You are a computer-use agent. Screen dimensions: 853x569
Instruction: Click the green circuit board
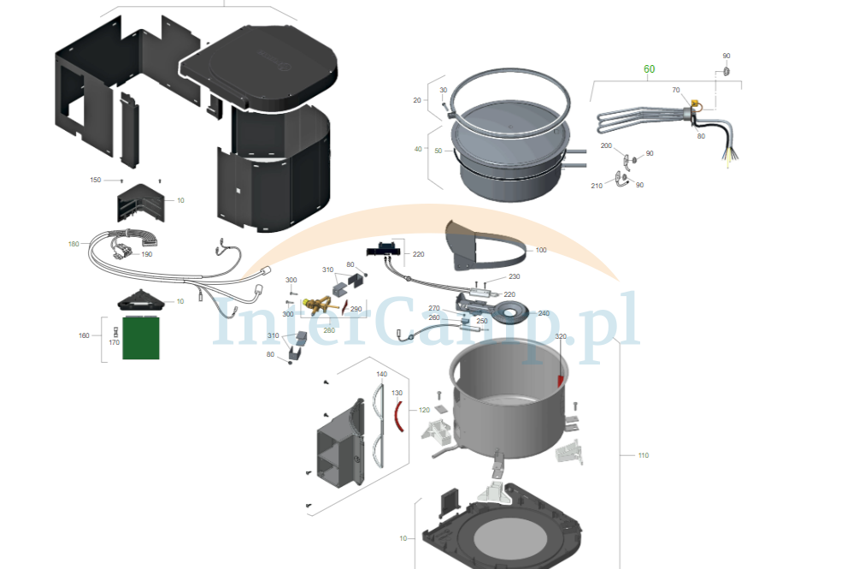tap(141, 338)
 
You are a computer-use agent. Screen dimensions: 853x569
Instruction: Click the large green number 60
tap(649, 69)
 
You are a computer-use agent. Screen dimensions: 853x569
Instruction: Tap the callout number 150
tap(95, 180)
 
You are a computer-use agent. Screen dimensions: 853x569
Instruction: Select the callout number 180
tap(74, 244)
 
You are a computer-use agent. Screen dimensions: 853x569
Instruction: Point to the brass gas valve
tap(318, 305)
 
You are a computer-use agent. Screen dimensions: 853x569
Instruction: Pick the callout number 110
tap(643, 455)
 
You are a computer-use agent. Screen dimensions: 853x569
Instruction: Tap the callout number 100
tap(541, 250)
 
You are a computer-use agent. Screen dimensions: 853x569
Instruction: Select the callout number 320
tap(561, 336)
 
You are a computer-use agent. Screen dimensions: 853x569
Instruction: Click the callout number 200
tap(606, 145)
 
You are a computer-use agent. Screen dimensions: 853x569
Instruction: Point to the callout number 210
tap(597, 186)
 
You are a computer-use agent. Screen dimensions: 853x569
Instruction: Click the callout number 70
tap(676, 90)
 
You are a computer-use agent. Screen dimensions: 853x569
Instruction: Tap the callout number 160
tap(84, 335)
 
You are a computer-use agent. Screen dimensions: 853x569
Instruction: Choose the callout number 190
tap(147, 254)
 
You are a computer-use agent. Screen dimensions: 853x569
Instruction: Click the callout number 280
tap(329, 330)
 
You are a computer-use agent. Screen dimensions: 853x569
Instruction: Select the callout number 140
tap(382, 374)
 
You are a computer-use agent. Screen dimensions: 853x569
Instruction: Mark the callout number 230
tap(514, 276)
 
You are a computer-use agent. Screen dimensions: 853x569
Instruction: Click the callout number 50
tap(438, 151)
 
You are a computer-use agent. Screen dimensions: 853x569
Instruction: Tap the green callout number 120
tap(424, 410)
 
